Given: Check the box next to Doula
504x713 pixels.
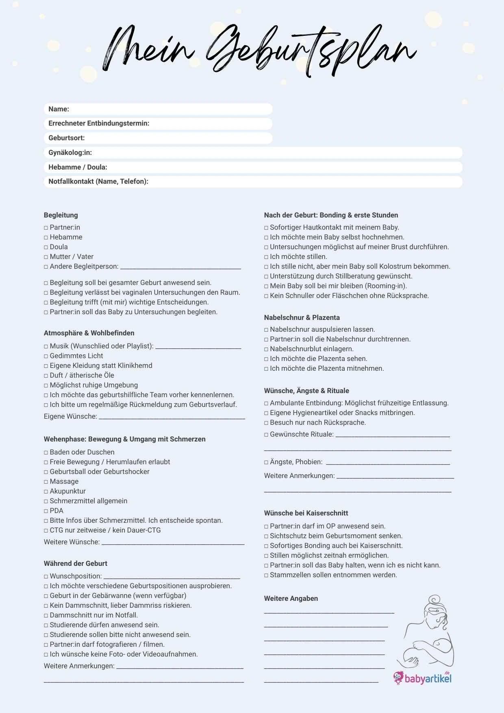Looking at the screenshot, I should tap(46, 247).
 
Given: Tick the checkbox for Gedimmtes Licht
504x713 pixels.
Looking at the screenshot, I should tap(46, 356).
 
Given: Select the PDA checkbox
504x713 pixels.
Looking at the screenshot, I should tap(46, 511).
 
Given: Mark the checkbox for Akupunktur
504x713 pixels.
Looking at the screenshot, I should tap(46, 491).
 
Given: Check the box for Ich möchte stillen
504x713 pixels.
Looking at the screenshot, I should tap(266, 257).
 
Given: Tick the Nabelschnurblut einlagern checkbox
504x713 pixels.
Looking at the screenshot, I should tap(266, 349).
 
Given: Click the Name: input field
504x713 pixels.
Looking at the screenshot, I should tap(171, 109).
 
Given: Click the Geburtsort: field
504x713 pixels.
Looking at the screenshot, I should tap(179, 138).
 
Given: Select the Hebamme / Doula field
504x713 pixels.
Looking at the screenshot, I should tap(285, 167).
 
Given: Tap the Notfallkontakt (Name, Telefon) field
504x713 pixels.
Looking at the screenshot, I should tap(305, 181).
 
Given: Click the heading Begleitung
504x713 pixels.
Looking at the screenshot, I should tap(61, 215).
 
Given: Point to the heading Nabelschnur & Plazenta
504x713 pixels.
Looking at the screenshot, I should tap(302, 317).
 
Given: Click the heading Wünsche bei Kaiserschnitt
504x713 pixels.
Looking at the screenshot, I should tap(306, 513).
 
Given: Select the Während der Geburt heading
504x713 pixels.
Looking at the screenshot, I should tap(76, 563).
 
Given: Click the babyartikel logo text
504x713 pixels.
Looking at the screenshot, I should tap(428, 678).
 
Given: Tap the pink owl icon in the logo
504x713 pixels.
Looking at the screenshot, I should tap(398, 677).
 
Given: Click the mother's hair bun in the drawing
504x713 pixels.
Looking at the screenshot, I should tap(435, 600).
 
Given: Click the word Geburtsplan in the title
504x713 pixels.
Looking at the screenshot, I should tap(311, 51).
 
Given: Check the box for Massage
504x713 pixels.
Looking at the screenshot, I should tap(46, 482).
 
